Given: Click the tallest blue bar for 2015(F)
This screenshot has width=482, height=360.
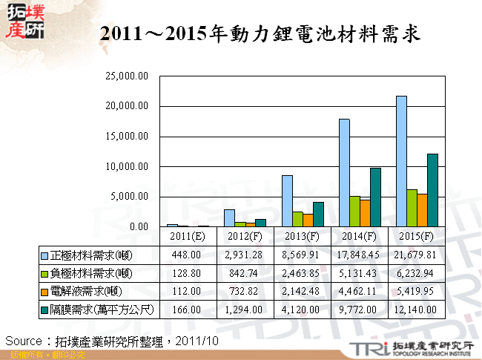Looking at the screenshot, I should pos(401,161).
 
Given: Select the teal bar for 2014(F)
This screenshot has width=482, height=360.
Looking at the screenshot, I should pos(375,197).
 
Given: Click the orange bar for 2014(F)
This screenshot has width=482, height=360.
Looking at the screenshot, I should pos(365,213).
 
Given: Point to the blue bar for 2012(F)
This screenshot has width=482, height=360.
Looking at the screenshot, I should pos(229,217).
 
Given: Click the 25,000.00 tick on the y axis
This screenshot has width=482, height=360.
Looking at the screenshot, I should pos(128,76).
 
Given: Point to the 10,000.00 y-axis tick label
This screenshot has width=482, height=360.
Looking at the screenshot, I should pos(128,166).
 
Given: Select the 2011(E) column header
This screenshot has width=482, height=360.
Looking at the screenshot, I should pos(188,236).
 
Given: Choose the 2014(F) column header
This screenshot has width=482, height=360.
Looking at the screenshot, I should pos(360,236).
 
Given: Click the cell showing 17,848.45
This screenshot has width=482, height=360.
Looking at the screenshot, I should pos(360,255).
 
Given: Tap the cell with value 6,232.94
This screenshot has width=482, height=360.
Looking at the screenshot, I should pos(417,272).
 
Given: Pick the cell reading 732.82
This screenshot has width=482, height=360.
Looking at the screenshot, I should pos(245,290).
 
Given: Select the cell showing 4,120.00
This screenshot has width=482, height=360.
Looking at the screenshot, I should pos(303,308).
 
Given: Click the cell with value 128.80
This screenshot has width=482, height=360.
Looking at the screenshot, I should pos(188,272).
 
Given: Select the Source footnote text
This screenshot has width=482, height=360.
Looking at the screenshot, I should pos(112,341).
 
